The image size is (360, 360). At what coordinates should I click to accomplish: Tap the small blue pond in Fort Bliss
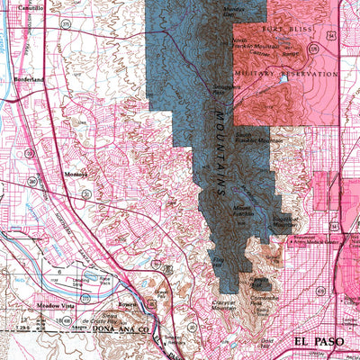[x=283, y=79]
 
